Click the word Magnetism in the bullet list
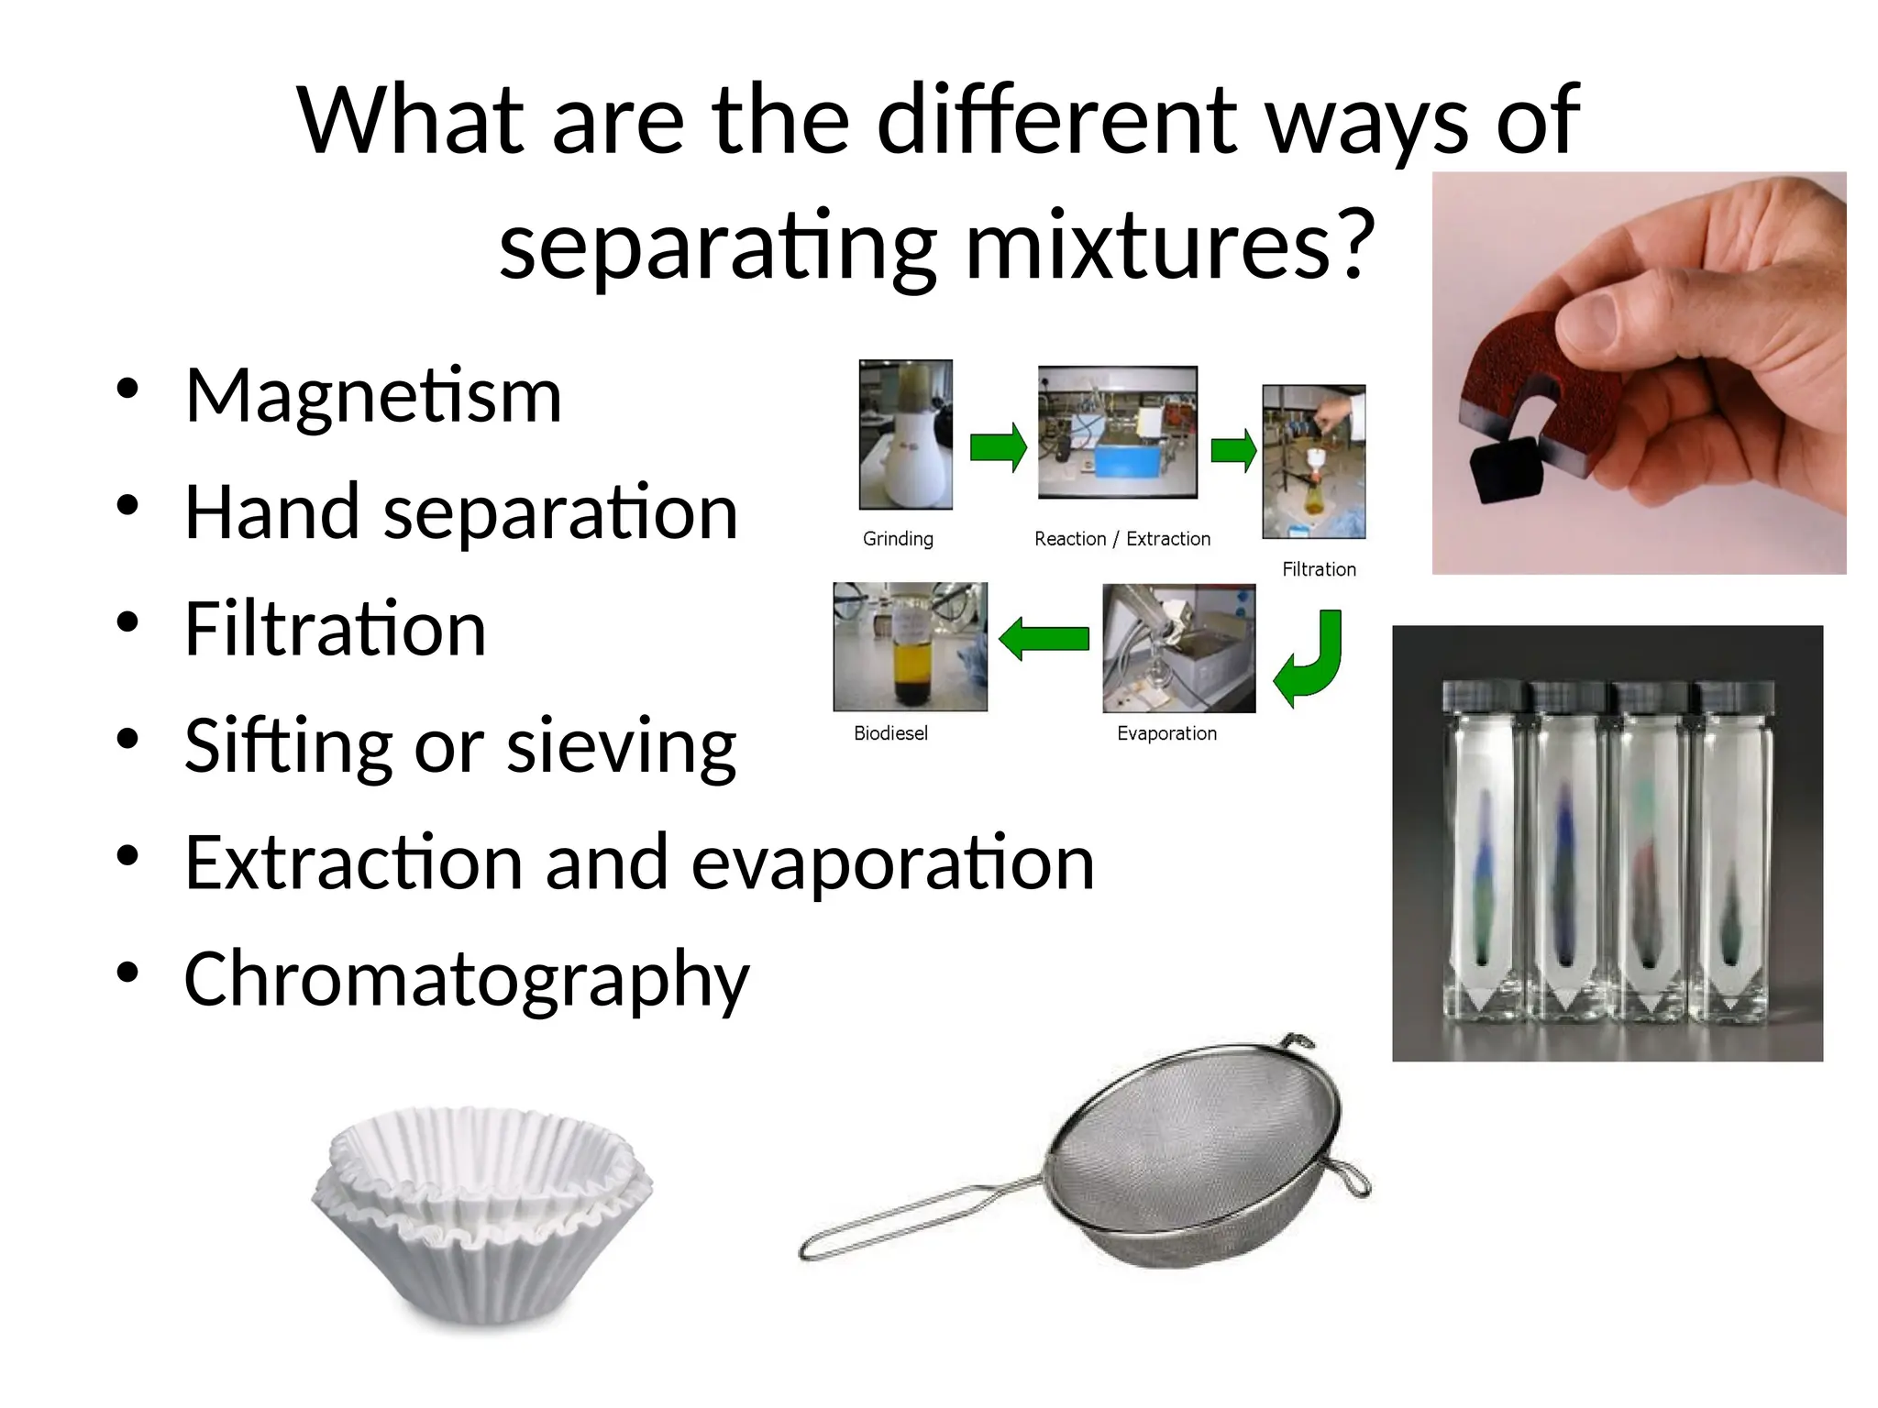[x=373, y=396]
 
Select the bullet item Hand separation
[x=460, y=512]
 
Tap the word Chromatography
[x=466, y=980]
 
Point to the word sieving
[x=621, y=746]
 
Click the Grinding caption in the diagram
[x=898, y=539]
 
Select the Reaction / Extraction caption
[x=1121, y=539]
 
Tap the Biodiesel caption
[x=890, y=733]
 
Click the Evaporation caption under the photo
[x=1166, y=733]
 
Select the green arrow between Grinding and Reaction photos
[x=998, y=447]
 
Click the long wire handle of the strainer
[x=917, y=1219]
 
